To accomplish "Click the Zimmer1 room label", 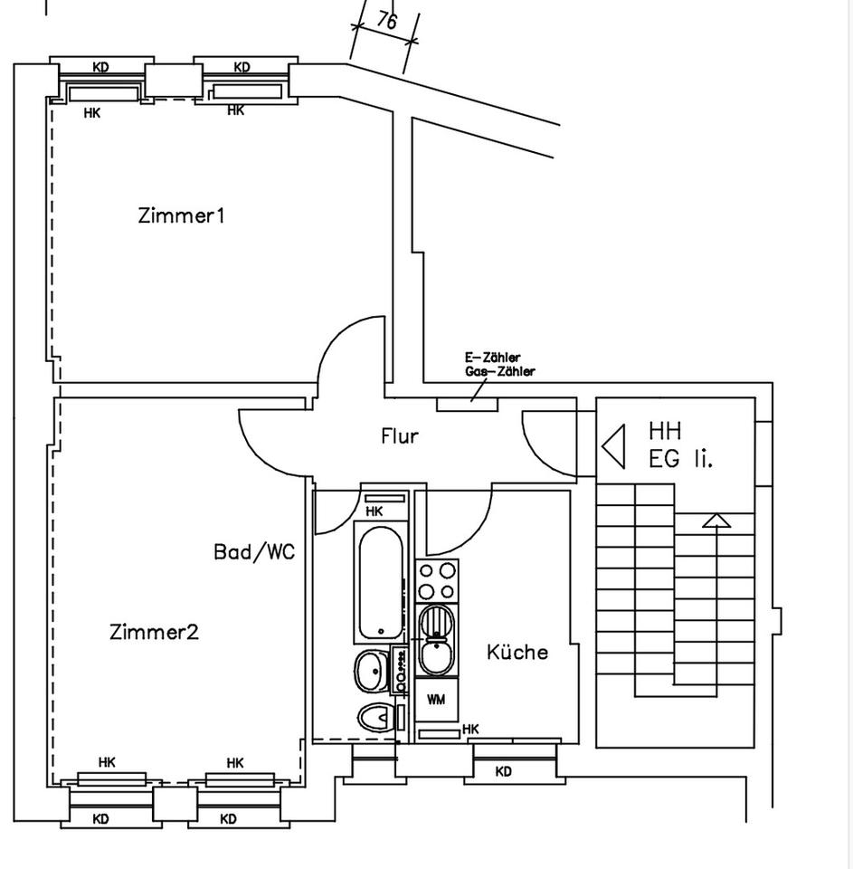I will (x=181, y=215).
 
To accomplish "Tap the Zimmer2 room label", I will (x=154, y=632).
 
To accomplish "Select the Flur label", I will (x=399, y=436).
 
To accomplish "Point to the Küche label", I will (x=517, y=652).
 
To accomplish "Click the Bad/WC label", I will (x=254, y=552).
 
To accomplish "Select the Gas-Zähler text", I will (x=499, y=371).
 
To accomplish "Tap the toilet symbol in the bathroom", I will (x=374, y=719).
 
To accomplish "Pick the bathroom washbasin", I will (x=370, y=671).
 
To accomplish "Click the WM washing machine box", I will (x=436, y=700).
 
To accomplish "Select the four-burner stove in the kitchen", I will (x=437, y=580).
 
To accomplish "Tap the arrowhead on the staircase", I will (x=716, y=520).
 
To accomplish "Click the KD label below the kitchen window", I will (x=504, y=772).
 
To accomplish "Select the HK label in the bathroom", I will (x=374, y=511).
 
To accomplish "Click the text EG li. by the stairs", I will (x=680, y=459).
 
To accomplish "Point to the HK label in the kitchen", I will (x=470, y=729).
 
